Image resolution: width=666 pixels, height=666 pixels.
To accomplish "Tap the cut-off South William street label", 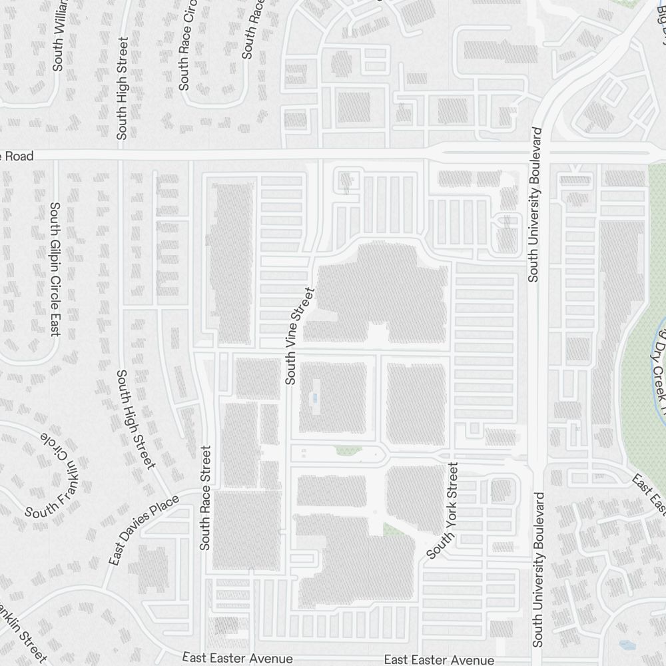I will pyautogui.click(x=58, y=37).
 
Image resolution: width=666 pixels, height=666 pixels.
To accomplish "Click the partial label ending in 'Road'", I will pyautogui.click(x=16, y=156).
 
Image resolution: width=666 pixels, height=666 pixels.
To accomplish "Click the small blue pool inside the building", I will pyautogui.click(x=316, y=398).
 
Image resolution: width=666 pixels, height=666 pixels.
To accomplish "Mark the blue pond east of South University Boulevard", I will pyautogui.click(x=626, y=645).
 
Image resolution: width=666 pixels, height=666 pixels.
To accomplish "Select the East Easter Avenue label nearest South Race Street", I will pyautogui.click(x=238, y=658).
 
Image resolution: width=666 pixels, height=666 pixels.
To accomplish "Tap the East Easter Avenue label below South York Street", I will pyautogui.click(x=439, y=659).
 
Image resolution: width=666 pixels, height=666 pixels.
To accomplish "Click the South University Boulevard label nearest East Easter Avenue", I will pyautogui.click(x=538, y=569).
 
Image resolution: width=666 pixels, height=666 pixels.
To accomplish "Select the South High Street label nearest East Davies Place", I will pyautogui.click(x=137, y=420).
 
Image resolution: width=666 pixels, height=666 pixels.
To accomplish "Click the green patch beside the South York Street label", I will pyautogui.click(x=392, y=529).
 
